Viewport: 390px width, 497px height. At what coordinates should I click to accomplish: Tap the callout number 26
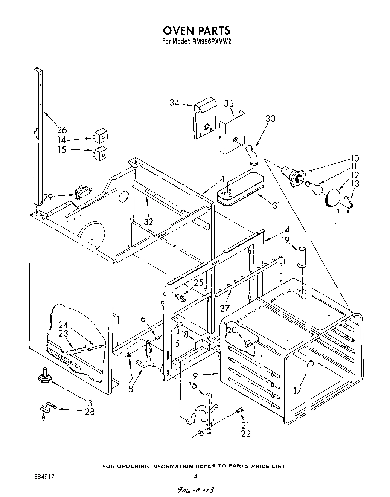[x=62, y=130]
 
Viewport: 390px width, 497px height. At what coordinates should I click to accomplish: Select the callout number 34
[x=174, y=102]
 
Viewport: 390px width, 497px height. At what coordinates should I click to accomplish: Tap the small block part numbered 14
[x=100, y=136]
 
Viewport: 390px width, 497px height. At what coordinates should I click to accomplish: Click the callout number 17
[x=297, y=390]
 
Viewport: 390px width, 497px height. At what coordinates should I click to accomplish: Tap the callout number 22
[x=245, y=434]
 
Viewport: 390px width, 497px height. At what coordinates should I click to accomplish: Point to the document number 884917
[x=42, y=476]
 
